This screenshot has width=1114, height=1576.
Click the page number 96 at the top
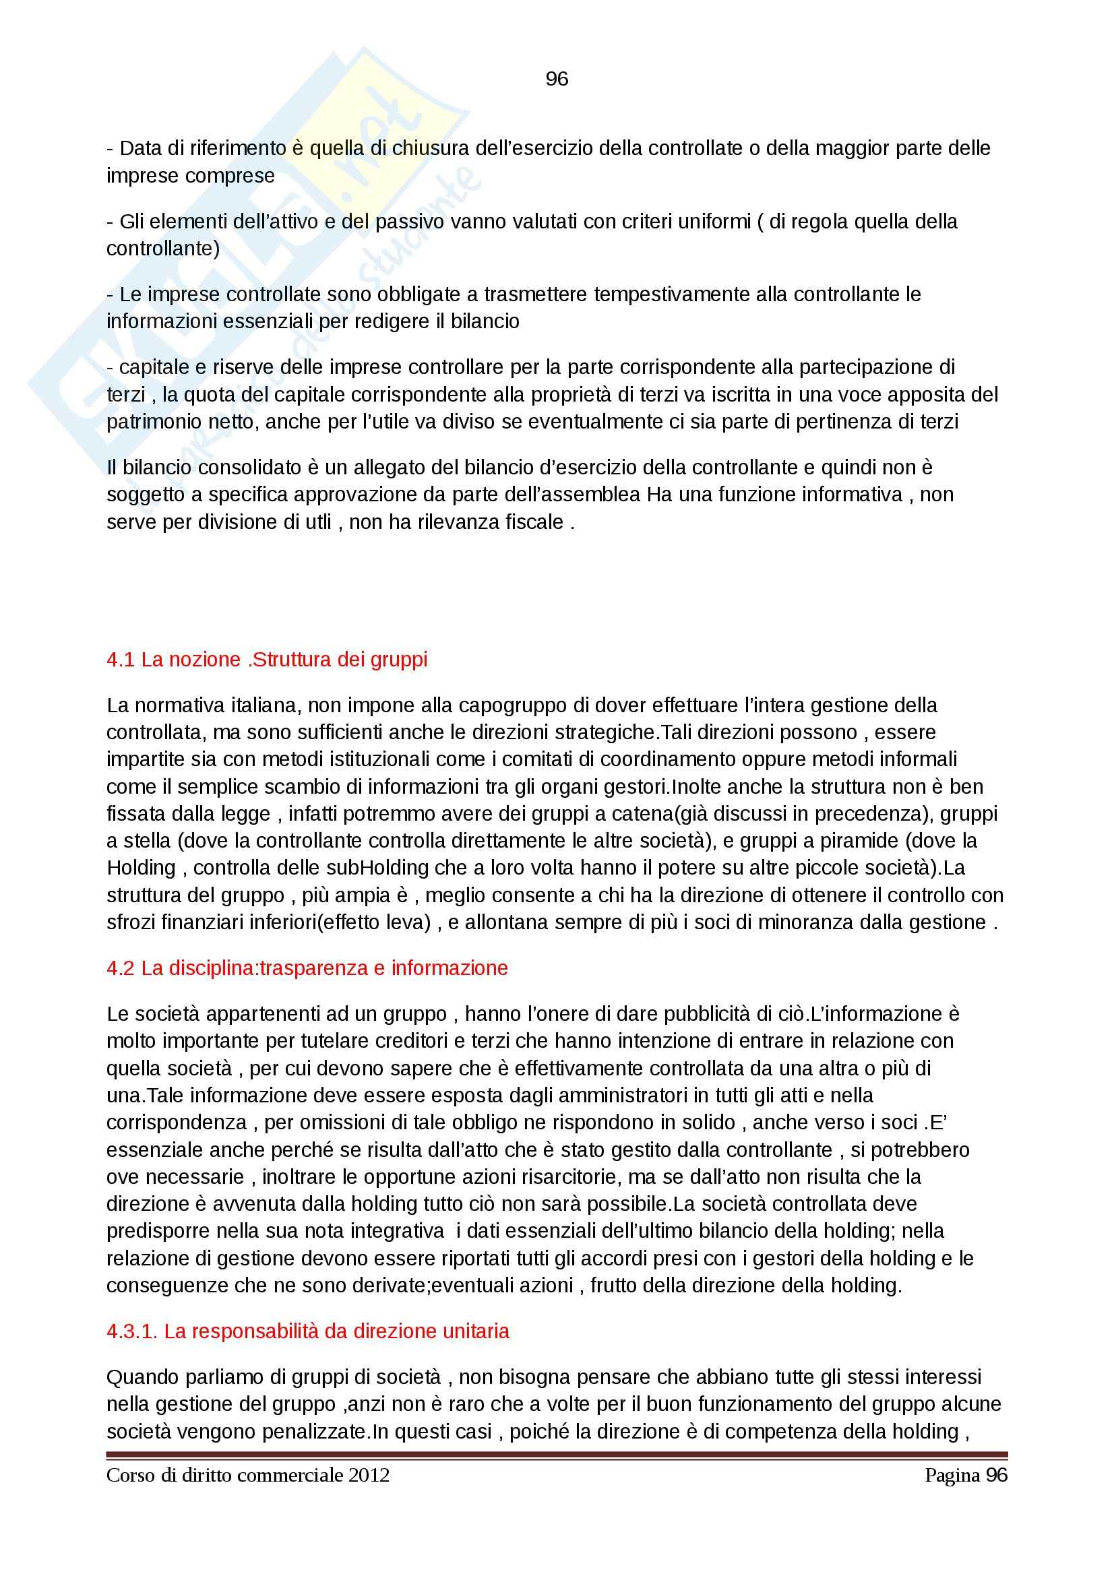[557, 80]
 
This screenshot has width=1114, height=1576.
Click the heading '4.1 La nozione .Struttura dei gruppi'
[267, 660]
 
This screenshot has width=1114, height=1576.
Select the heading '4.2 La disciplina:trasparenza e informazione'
[307, 968]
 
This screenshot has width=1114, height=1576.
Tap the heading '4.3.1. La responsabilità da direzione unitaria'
[307, 1331]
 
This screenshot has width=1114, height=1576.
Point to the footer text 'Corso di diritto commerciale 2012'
[248, 1475]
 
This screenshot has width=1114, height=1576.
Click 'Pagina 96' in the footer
[966, 1475]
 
